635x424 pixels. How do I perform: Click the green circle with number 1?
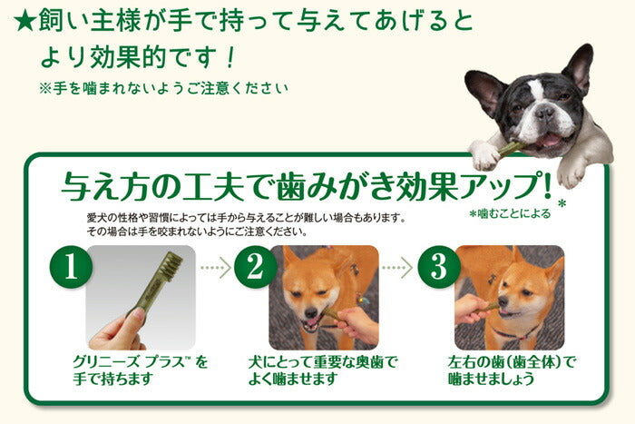pyautogui.click(x=69, y=268)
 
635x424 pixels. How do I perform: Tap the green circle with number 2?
pyautogui.click(x=254, y=268)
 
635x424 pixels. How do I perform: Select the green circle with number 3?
pyautogui.click(x=438, y=268)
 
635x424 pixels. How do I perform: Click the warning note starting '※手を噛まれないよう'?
pyautogui.click(x=163, y=89)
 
